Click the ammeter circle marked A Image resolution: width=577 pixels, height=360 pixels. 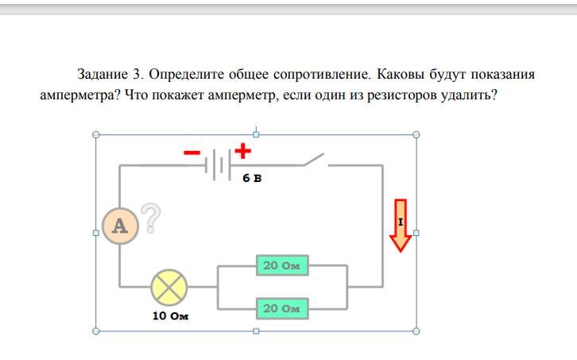(x=120, y=225)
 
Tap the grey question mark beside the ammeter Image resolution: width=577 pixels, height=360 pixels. (x=151, y=218)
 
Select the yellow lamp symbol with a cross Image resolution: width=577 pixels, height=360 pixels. (x=168, y=286)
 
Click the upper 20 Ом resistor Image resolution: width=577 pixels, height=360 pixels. (x=282, y=265)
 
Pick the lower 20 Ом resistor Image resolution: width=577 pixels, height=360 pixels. (x=282, y=308)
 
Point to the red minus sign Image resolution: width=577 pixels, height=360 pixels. (x=192, y=153)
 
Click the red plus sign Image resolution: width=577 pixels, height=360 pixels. (x=242, y=149)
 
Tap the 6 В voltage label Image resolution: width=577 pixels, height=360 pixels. (x=252, y=179)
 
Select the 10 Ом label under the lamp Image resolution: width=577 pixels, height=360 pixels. (x=170, y=315)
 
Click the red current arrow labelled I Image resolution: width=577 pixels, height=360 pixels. (x=401, y=225)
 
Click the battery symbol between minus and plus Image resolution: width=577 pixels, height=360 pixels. (x=217, y=165)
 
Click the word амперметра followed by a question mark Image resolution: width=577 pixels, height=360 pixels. (x=80, y=96)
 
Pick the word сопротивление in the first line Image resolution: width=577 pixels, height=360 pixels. (x=320, y=75)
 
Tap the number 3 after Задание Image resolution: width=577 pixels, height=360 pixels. (x=136, y=75)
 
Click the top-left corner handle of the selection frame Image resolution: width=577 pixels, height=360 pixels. (x=96, y=134)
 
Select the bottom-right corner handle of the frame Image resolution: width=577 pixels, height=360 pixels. (x=416, y=331)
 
